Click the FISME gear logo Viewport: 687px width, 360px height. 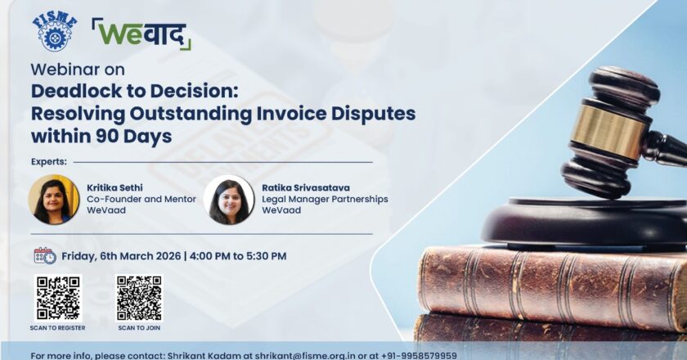pos(55,33)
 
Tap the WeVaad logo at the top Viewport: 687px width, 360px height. pos(141,34)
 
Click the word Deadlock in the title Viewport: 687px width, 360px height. pos(77,91)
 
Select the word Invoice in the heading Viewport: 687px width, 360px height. pos(291,114)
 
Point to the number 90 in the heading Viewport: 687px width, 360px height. pos(106,136)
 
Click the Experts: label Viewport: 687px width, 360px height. pos(49,162)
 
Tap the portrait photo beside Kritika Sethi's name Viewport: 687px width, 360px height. pos(54,200)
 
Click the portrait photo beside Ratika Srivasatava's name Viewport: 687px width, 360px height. pos(229,200)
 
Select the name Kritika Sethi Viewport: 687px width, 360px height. pos(114,187)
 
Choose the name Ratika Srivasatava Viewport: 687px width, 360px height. pos(306,187)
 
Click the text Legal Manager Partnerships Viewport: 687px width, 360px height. pos(326,199)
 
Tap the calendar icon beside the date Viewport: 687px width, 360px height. pos(45,256)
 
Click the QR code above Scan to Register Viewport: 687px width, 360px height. pos(58,298)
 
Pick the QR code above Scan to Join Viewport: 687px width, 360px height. pos(139,298)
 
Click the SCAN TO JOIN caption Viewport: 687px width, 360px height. pos(139,328)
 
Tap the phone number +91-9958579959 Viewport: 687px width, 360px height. pos(419,355)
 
